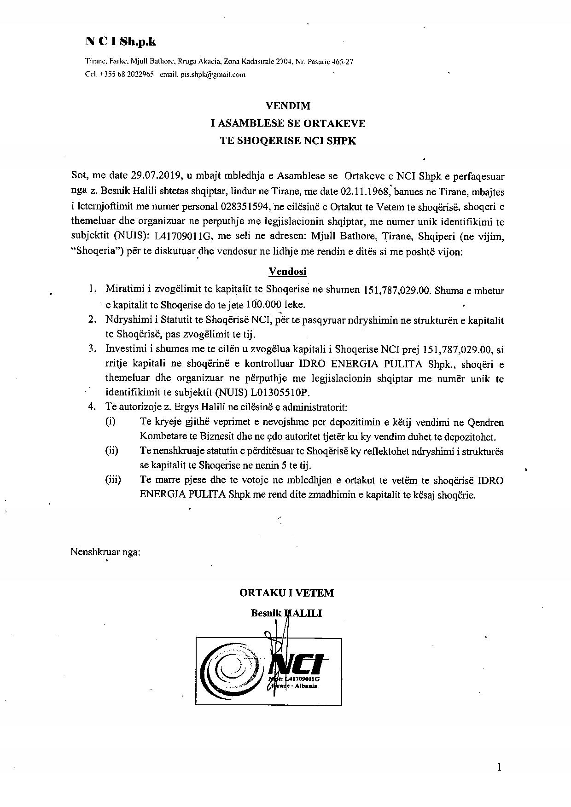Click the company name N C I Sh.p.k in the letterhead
(121, 42)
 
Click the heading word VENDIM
(288, 106)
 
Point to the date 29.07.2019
(156, 176)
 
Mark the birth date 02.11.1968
(365, 191)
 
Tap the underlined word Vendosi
(288, 272)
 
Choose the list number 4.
(92, 407)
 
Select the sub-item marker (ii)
(112, 451)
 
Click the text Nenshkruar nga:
(105, 552)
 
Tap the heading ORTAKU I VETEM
(286, 593)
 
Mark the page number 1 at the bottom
(499, 767)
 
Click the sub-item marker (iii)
(113, 480)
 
